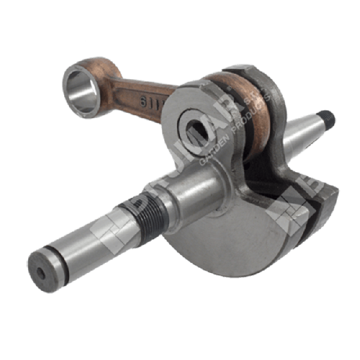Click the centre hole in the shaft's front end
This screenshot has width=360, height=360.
coord(40,272)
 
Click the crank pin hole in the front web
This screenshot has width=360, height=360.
coord(199,128)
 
